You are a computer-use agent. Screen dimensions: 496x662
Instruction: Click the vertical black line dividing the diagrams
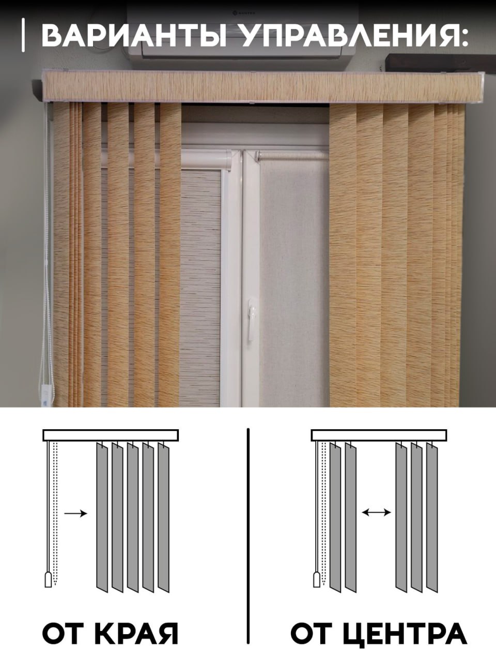(248, 537)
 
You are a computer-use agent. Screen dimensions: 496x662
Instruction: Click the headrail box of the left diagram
(111, 435)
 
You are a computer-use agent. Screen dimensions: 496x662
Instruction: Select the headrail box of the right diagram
(379, 435)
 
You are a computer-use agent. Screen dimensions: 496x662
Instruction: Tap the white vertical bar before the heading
(23, 35)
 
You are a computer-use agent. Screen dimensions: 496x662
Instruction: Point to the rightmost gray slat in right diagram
(432, 517)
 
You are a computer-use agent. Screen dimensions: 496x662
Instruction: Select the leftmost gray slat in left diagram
(102, 517)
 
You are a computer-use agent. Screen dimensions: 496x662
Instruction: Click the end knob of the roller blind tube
(257, 156)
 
